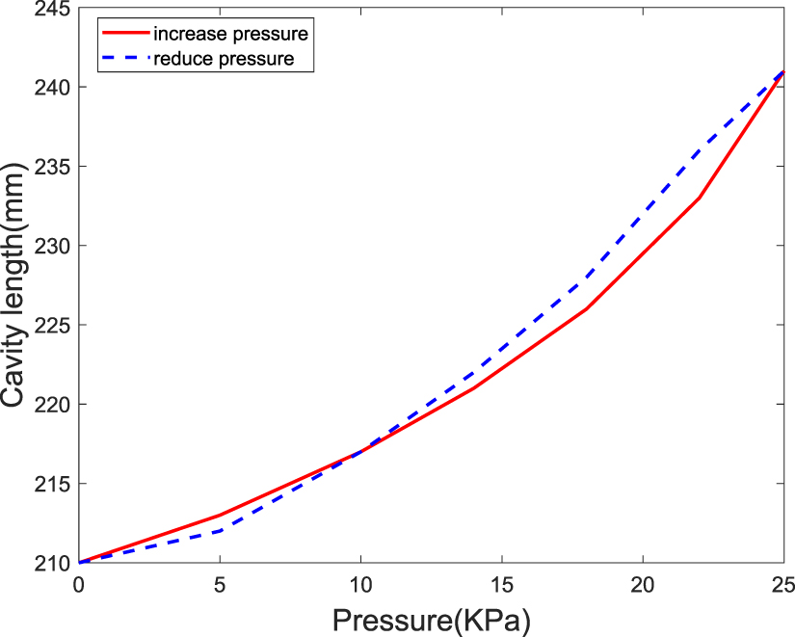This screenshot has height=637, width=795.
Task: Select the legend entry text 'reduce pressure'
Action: pos(221,60)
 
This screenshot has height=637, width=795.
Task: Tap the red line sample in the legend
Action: pos(124,35)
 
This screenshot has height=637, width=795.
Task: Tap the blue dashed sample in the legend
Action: pos(124,60)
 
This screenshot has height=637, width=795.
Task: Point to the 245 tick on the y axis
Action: pos(52,9)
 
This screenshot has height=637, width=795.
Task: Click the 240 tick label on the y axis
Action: pos(52,88)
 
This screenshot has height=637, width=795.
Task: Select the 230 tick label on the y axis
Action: pos(52,246)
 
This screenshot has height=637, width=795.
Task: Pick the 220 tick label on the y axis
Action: pos(52,405)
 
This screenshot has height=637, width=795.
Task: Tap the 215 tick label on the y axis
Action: pos(52,484)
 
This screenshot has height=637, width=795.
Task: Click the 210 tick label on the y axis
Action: pos(52,563)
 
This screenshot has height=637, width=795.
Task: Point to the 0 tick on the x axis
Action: pos(79,583)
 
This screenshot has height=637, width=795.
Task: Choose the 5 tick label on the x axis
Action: pos(221,583)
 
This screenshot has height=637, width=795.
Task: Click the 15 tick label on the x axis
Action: pos(502,583)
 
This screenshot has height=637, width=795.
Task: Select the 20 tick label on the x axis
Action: pos(643,583)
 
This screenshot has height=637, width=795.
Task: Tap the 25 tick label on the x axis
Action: pos(782,583)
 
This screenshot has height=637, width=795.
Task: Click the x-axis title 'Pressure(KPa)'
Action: pos(432,617)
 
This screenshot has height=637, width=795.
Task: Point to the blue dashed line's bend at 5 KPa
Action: pos(221,530)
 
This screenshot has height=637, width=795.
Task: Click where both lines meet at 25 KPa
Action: pos(783,71)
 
